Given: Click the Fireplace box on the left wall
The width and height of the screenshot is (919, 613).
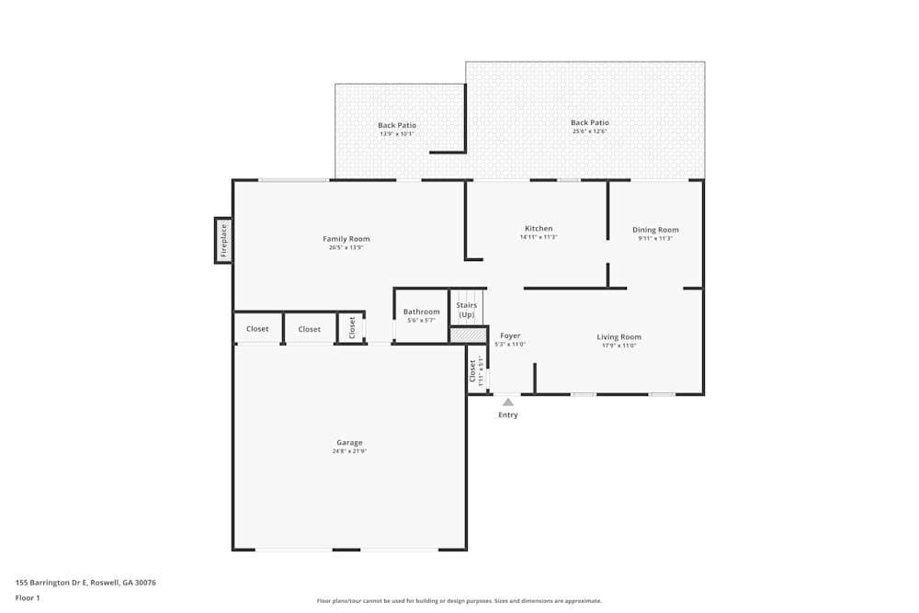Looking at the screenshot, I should click(223, 240).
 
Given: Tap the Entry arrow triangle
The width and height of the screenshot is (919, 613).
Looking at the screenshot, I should click(508, 402).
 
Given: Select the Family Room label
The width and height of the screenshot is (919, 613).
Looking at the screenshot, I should click(346, 239).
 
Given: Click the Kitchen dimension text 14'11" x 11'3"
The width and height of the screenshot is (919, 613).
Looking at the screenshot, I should click(539, 237).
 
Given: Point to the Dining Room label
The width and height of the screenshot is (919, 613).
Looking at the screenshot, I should click(655, 230).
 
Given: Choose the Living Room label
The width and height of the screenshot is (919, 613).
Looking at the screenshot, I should click(618, 337).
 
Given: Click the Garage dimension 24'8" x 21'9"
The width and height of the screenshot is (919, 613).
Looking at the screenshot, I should click(349, 451).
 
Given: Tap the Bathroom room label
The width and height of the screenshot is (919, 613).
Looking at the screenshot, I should click(422, 312).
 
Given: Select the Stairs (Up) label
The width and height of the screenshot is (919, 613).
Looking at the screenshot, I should click(467, 310).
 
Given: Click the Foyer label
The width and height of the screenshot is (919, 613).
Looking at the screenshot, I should click(510, 336).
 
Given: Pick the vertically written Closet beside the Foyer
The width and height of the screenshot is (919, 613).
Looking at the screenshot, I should click(473, 370).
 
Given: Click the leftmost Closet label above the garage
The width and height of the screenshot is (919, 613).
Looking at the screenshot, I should click(257, 329).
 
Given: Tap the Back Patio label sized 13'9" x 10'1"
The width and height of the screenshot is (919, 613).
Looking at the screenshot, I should click(397, 125).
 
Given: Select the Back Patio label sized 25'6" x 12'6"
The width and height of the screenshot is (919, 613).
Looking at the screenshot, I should click(589, 122).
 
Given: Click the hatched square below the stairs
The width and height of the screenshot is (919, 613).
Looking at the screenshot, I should click(468, 335).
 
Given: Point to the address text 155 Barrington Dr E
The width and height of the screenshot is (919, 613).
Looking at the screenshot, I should click(85, 582).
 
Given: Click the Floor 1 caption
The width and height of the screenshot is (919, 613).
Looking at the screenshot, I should click(28, 597).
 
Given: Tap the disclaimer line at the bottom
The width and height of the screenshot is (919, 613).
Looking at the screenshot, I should click(459, 601).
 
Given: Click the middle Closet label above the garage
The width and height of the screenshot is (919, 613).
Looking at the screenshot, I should click(310, 329).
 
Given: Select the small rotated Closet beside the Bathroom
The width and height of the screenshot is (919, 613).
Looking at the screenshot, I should click(352, 327).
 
